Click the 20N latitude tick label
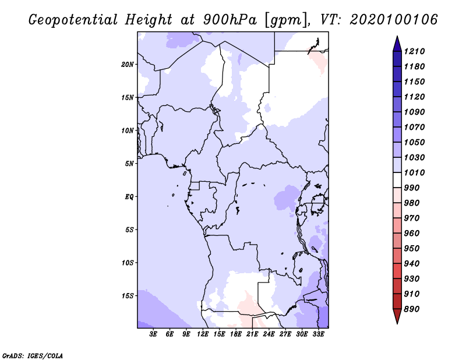(x=128, y=65)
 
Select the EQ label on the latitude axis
(x=129, y=197)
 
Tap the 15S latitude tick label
(x=128, y=296)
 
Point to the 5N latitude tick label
(x=129, y=164)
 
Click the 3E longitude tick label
(x=153, y=334)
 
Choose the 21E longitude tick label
(x=252, y=334)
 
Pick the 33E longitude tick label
(x=318, y=334)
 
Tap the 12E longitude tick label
(x=203, y=334)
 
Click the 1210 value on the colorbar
(x=414, y=51)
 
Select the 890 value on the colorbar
(x=412, y=309)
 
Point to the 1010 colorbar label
(x=414, y=172)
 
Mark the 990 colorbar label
(x=412, y=188)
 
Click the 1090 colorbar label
(x=414, y=112)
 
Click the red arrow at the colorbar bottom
(x=397, y=316)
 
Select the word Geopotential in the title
(x=73, y=20)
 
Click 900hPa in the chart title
(x=230, y=20)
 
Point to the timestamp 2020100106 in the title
(x=394, y=20)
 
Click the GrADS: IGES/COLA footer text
(x=33, y=356)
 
